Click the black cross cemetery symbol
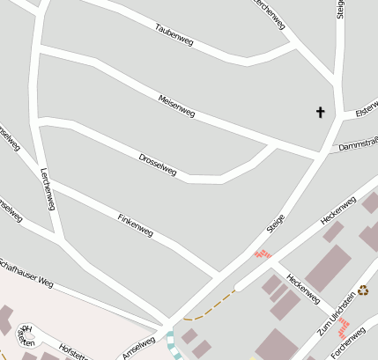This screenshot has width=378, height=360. (x=320, y=112)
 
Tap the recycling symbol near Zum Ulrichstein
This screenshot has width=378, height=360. (x=362, y=290)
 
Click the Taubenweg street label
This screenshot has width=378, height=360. (x=174, y=34)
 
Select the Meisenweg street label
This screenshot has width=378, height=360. (x=176, y=106)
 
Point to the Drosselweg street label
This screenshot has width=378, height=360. (x=158, y=164)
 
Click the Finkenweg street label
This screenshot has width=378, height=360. (x=136, y=225)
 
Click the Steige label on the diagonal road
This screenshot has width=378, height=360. (x=276, y=222)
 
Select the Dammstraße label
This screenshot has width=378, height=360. (x=358, y=142)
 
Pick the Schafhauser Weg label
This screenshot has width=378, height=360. (x=26, y=273)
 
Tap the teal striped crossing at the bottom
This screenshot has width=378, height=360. (x=174, y=343)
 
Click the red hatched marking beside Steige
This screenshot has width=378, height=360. (x=262, y=253)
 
